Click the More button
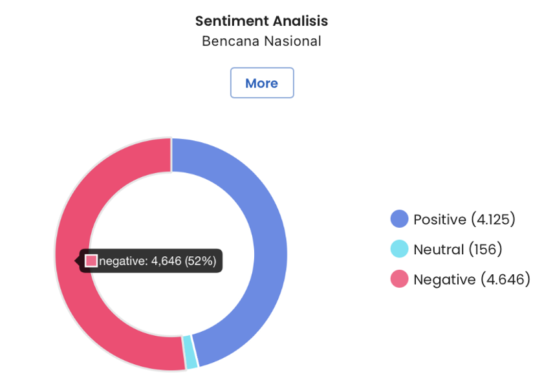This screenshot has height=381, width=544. pyautogui.click(x=262, y=83)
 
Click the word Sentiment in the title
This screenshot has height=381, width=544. pyautogui.click(x=226, y=21)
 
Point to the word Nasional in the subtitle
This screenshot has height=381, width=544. pyautogui.click(x=291, y=41)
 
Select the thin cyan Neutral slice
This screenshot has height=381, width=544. pyautogui.click(x=190, y=352)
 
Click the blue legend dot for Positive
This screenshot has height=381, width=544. pyautogui.click(x=400, y=219)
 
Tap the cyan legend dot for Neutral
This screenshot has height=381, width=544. pyautogui.click(x=400, y=249)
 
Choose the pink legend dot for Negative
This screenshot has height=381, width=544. pyautogui.click(x=400, y=279)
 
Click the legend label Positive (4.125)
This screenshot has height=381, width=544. pyautogui.click(x=464, y=219)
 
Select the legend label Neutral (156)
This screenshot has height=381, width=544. pyautogui.click(x=457, y=249)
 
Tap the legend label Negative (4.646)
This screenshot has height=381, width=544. pyautogui.click(x=472, y=279)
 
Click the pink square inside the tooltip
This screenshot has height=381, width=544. pyautogui.click(x=91, y=261)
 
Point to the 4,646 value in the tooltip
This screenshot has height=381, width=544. pyautogui.click(x=166, y=261)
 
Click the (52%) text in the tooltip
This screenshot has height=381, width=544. pyautogui.click(x=201, y=261)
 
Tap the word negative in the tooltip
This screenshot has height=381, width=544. pyautogui.click(x=123, y=261)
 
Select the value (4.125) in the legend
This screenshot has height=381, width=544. pyautogui.click(x=493, y=219)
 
